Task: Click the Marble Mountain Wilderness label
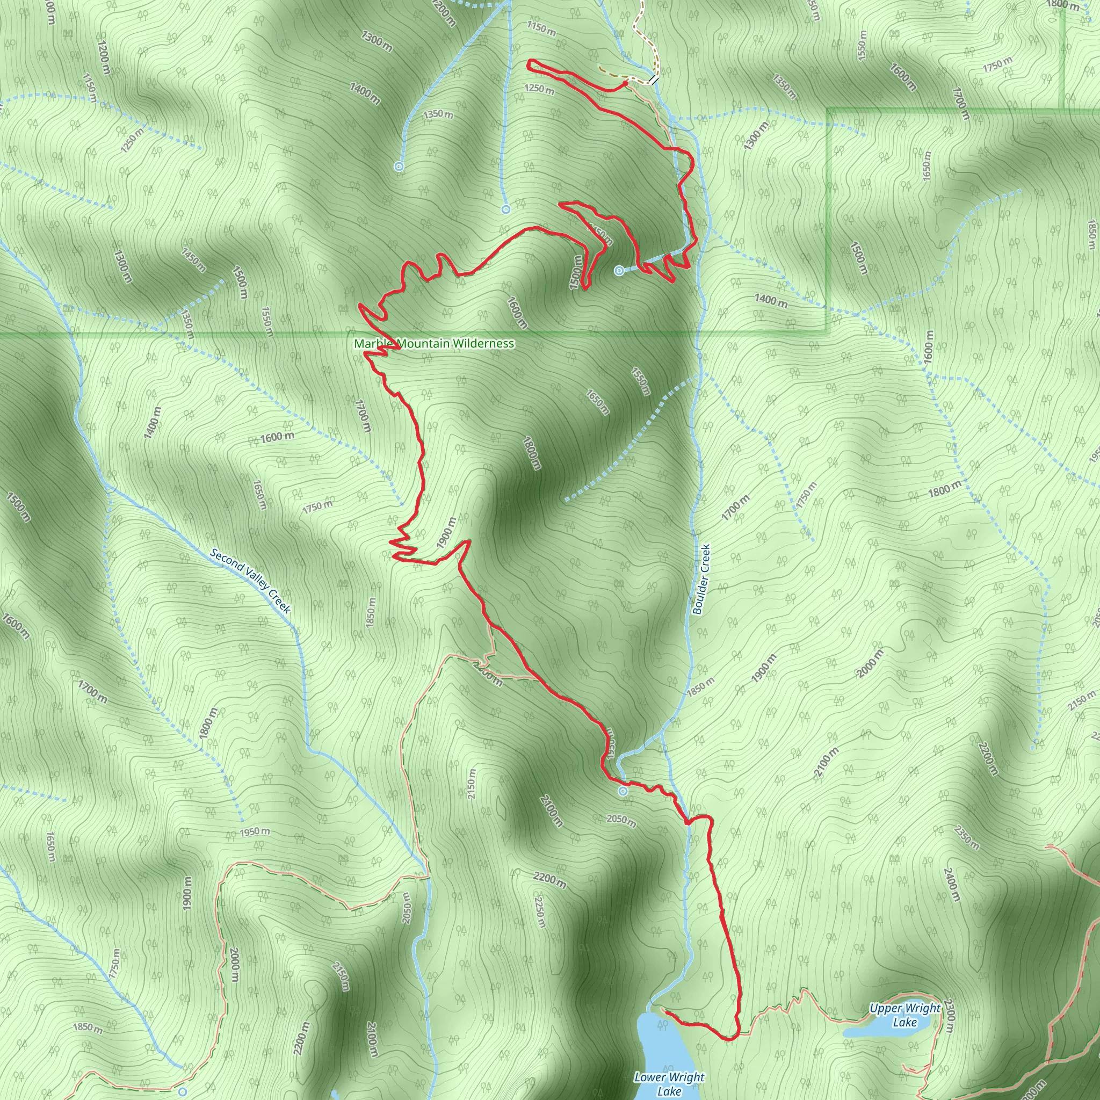(434, 344)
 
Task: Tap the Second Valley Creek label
(250, 581)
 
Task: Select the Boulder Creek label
(702, 578)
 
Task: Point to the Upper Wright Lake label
(904, 1015)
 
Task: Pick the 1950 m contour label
(255, 832)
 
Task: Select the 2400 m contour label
(952, 885)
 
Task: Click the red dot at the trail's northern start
(625, 83)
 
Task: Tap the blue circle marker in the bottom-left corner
(183, 1092)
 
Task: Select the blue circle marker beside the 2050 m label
(624, 791)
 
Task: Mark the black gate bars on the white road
(654, 80)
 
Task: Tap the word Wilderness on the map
(484, 344)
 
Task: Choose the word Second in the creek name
(226, 559)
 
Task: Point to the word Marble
(373, 344)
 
